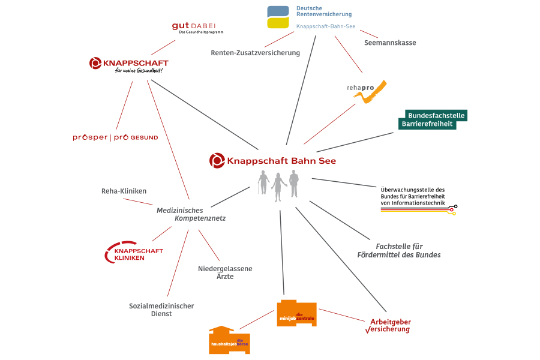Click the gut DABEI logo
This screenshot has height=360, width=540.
(x=197, y=27)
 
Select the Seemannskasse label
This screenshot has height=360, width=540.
(x=390, y=43)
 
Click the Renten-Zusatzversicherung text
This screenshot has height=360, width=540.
(x=255, y=53)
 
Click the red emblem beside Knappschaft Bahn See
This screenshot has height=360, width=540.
(x=217, y=160)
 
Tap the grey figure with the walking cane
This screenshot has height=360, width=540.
(x=263, y=182)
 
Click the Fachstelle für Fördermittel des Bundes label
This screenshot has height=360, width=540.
(x=408, y=250)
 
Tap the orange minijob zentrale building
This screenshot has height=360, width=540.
(x=296, y=313)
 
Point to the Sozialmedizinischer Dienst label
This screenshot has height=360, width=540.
(x=161, y=310)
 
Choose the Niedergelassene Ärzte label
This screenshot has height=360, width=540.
(x=225, y=272)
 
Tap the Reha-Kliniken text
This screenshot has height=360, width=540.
(x=124, y=191)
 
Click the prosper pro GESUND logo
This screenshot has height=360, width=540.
(x=115, y=137)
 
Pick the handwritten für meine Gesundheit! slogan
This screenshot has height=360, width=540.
(x=139, y=71)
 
